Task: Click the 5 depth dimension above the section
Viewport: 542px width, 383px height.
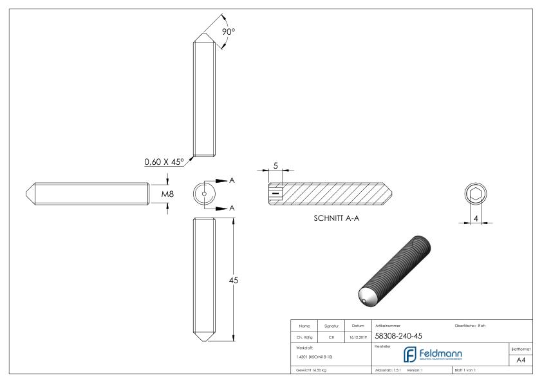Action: (x=276, y=165)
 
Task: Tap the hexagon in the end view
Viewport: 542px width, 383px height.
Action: (x=477, y=194)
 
